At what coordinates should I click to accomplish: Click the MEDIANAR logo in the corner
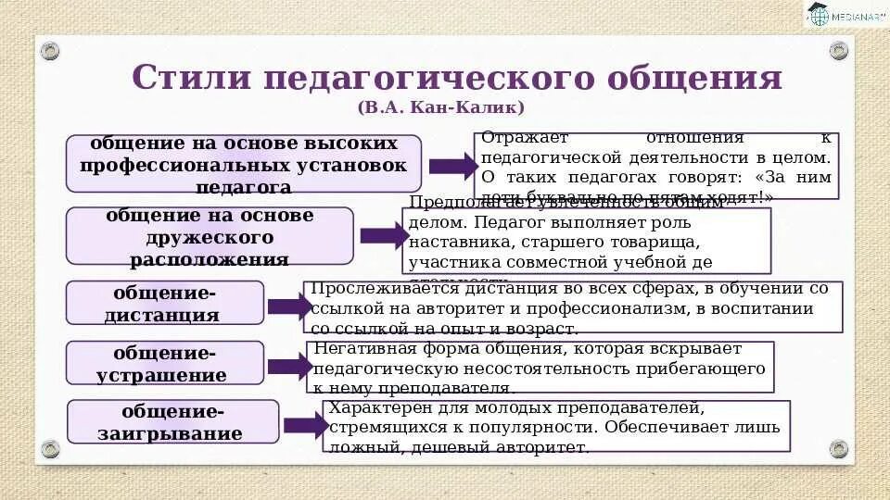(845, 16)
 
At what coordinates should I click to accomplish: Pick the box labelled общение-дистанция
(165, 303)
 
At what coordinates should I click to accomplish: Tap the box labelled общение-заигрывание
(173, 422)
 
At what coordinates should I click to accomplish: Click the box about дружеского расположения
(210, 236)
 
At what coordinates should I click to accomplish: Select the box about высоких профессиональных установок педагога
(244, 164)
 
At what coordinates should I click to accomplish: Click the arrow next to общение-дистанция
(289, 306)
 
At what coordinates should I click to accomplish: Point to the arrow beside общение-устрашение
(289, 366)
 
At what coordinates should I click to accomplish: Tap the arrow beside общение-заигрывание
(305, 425)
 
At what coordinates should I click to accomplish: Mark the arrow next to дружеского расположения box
(383, 235)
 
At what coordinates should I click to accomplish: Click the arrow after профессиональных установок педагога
(451, 167)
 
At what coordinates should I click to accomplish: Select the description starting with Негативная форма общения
(540, 367)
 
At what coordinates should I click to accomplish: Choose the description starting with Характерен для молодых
(556, 426)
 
